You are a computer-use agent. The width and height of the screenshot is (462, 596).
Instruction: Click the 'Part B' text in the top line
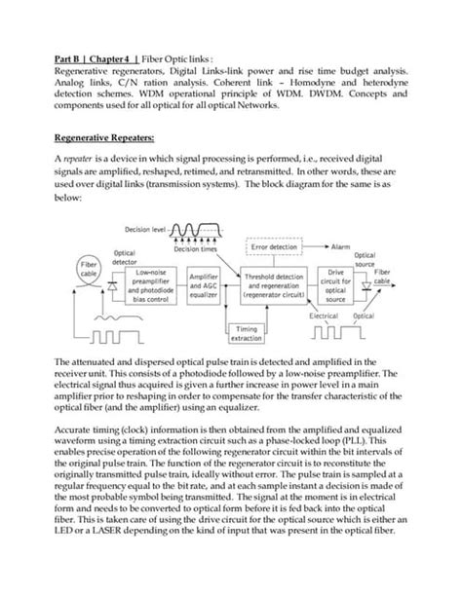coord(67,57)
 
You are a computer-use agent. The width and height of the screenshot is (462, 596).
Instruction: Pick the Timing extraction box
coord(244,334)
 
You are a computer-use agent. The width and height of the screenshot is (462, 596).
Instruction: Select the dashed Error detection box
coord(280,248)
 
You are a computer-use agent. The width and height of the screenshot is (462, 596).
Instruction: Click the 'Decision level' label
coord(146,231)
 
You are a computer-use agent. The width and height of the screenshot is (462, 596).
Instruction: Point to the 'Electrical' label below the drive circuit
coord(323,317)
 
